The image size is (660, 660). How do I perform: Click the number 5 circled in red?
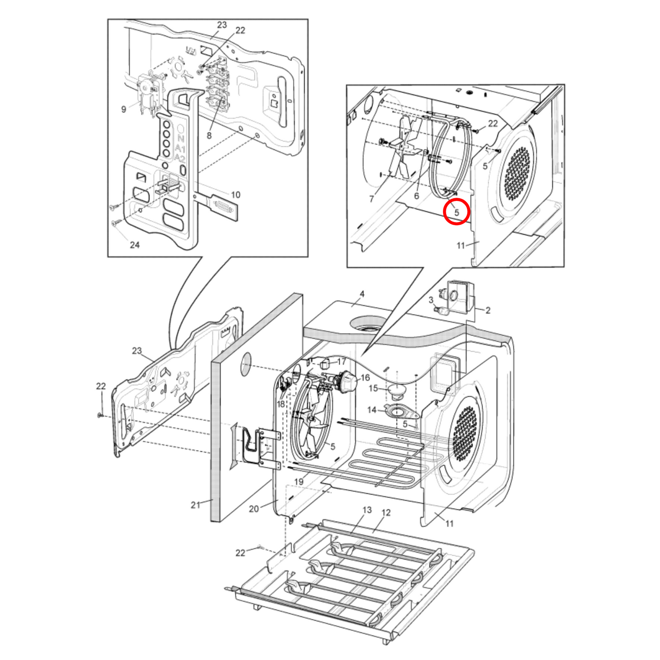[456, 212]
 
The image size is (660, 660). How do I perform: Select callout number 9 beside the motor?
[124, 110]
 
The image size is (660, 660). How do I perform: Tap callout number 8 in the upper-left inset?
[209, 136]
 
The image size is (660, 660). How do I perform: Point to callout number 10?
[235, 195]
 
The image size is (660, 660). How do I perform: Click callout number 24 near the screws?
[135, 245]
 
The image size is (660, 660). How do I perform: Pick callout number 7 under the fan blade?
[371, 199]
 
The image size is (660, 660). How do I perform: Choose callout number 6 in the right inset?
[417, 196]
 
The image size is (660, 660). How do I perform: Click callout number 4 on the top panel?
[362, 294]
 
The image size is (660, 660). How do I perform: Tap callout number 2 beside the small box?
[488, 311]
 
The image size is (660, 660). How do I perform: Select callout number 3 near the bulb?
[431, 300]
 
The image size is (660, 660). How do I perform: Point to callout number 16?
[365, 378]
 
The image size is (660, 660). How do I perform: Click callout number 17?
[342, 362]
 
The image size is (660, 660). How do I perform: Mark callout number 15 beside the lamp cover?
[373, 388]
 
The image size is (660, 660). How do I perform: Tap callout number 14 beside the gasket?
[372, 410]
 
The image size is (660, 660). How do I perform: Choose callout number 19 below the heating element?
[299, 481]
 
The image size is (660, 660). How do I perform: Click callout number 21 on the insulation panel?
[195, 505]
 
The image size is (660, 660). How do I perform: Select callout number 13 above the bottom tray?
[367, 510]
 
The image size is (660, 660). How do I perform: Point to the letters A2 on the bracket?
[180, 158]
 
